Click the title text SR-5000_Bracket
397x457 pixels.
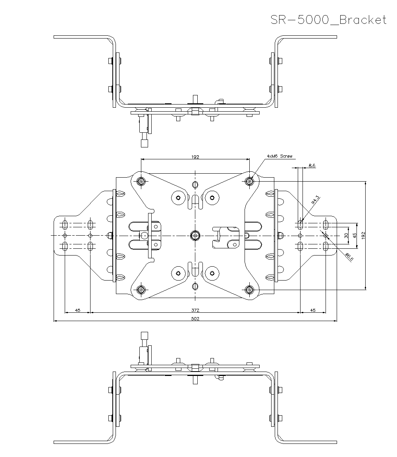click(x=328, y=20)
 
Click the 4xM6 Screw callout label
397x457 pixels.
click(x=279, y=157)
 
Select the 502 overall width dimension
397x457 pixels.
click(x=195, y=318)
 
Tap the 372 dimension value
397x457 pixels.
click(x=195, y=310)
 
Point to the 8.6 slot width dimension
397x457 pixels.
click(x=312, y=166)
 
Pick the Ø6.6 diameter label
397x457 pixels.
click(x=349, y=257)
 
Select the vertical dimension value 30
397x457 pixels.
click(x=346, y=236)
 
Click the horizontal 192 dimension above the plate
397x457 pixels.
click(x=195, y=157)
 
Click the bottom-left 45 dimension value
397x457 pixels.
click(x=78, y=310)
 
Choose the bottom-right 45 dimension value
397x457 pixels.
click(x=313, y=310)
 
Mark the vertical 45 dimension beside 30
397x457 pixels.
click(x=355, y=235)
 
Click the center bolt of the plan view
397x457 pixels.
click(x=195, y=235)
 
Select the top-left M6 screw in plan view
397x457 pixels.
click(x=141, y=182)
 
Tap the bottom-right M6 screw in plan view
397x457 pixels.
click(x=249, y=290)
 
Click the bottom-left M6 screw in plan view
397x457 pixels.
click(x=141, y=290)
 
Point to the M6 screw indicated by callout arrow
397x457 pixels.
click(x=249, y=182)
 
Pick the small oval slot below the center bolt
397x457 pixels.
click(x=195, y=286)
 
